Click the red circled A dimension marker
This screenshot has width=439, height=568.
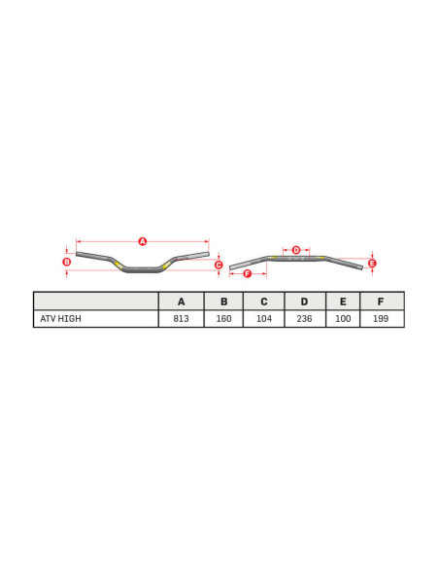142,241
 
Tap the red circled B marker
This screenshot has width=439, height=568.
66,262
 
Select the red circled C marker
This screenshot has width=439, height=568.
219,265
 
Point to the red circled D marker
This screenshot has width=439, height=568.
296,250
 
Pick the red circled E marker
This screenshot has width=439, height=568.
372,263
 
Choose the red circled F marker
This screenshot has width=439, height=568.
247,274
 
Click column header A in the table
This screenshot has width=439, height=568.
181,302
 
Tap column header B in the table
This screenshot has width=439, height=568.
223,302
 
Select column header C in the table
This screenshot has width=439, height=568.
263,302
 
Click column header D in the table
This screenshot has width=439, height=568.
304,302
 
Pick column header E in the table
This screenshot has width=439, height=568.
343,302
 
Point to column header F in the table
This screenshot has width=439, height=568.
381,302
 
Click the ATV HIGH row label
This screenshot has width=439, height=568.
60,319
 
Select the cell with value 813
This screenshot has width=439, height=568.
181,319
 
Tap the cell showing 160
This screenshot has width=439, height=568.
223,319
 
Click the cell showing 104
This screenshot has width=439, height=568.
263,319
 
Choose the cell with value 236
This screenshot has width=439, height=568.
304,319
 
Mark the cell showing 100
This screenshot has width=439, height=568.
343,319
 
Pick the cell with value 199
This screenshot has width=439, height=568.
381,319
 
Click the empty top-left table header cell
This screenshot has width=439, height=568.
95,302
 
